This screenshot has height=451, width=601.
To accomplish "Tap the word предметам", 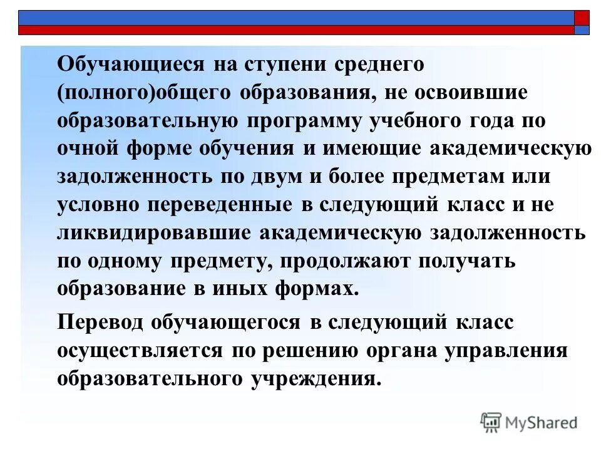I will pos(448,176).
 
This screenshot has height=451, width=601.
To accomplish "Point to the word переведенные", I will pos(208,204).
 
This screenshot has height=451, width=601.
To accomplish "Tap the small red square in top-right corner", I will pos(582,17).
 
